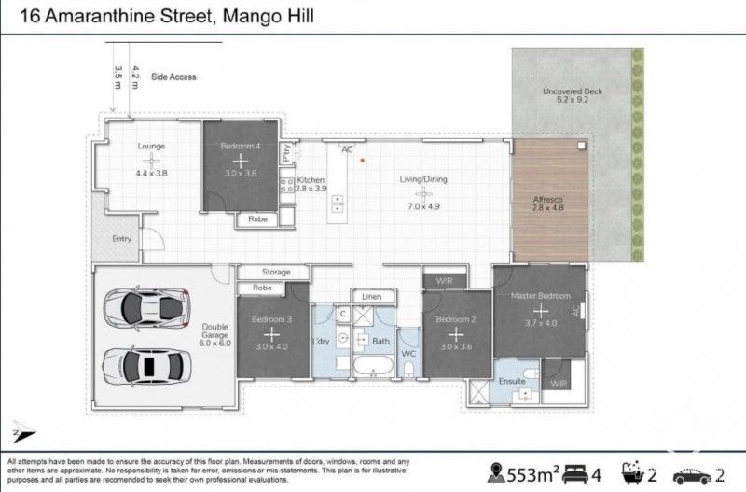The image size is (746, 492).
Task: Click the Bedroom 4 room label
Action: pyautogui.click(x=242, y=147)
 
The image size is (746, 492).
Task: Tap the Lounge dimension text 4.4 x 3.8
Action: pyautogui.click(x=151, y=174)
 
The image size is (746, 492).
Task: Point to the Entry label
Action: pyautogui.click(x=122, y=239)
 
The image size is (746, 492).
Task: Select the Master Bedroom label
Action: pyautogui.click(x=541, y=296)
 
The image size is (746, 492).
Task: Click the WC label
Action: pyautogui.click(x=408, y=355)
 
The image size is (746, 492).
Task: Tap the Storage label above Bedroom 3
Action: pyautogui.click(x=276, y=272)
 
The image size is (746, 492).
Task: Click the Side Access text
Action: pyautogui.click(x=173, y=77)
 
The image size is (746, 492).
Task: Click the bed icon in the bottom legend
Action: pyautogui.click(x=576, y=470)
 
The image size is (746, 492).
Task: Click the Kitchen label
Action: pyautogui.click(x=311, y=179)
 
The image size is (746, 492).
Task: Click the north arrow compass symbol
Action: pyautogui.click(x=21, y=432)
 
